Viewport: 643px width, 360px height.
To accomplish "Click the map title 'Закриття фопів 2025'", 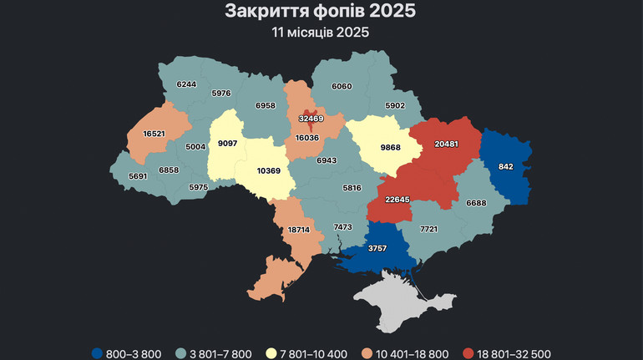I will [x=321, y=12].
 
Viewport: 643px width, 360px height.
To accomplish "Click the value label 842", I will [x=506, y=167].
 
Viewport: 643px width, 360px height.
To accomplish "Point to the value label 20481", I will [x=447, y=144].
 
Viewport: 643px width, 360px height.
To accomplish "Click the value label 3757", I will [x=377, y=249].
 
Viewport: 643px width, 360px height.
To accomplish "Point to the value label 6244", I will [x=186, y=84].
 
